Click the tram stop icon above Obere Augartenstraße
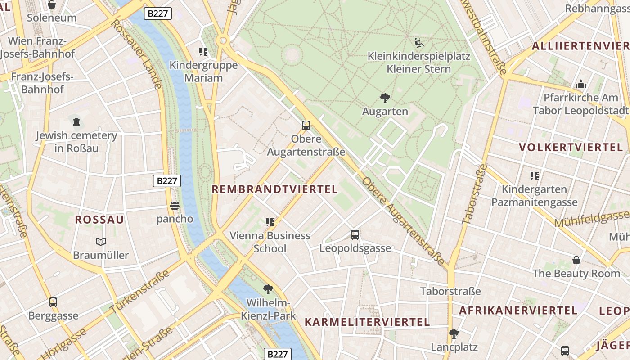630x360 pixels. point(306,125)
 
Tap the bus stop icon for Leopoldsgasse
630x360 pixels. point(355,234)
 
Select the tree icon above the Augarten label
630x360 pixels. point(385,98)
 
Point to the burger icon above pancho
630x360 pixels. point(175,206)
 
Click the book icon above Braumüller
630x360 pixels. point(101,242)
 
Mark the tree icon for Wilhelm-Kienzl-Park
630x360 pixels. point(268,289)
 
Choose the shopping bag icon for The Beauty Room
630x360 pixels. point(576,260)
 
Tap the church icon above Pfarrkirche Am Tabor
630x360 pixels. point(581,84)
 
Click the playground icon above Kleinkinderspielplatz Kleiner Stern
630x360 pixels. point(419,43)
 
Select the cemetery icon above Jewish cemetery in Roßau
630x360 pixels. point(76,121)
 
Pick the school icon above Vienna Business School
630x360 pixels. point(270,221)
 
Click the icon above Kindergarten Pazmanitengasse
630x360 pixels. point(534,175)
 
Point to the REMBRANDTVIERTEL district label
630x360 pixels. point(274,189)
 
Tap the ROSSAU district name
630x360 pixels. point(99,220)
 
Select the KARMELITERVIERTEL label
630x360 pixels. point(367,322)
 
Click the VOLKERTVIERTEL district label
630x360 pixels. point(571,148)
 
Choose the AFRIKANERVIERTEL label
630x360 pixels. point(518,310)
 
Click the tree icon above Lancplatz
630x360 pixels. point(454,333)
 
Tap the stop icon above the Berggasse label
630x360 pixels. point(53,302)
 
